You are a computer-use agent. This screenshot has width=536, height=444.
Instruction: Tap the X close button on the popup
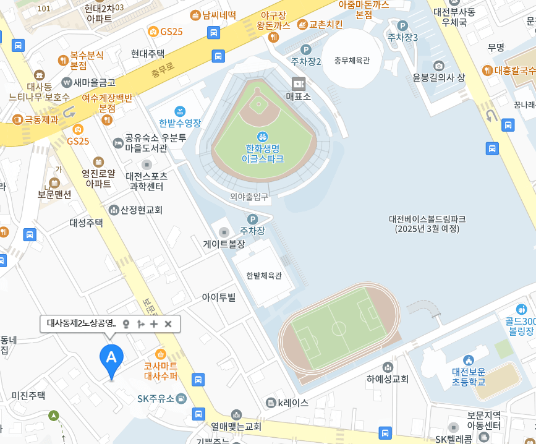(x=168, y=323)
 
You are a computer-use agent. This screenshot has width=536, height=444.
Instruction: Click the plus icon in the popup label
(x=154, y=323)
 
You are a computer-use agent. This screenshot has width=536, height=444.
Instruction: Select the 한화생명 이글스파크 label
(x=262, y=153)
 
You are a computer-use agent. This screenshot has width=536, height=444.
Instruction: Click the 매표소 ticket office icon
(x=299, y=83)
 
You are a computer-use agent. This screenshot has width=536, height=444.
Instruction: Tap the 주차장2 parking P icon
(x=305, y=49)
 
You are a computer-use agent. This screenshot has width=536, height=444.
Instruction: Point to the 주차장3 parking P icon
(x=402, y=25)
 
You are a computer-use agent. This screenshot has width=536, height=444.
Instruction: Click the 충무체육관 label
(x=351, y=61)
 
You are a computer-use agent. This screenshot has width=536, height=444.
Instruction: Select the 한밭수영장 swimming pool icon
(x=180, y=111)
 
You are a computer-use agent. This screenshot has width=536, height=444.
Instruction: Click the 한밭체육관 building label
(x=263, y=276)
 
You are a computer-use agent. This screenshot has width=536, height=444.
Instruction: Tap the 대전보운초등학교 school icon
(x=468, y=360)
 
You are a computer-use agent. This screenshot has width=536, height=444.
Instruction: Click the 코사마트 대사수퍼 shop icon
(x=161, y=354)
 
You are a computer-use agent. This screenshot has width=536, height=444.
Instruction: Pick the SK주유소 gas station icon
(x=181, y=398)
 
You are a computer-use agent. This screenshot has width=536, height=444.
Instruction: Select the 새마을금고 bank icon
(x=67, y=82)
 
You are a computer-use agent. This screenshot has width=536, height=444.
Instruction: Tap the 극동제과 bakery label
(x=41, y=119)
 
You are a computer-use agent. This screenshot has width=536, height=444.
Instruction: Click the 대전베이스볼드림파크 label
(x=427, y=224)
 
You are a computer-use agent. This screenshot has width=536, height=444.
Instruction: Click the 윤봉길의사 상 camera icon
(x=439, y=66)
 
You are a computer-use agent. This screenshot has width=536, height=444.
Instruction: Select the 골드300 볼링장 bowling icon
(x=521, y=309)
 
